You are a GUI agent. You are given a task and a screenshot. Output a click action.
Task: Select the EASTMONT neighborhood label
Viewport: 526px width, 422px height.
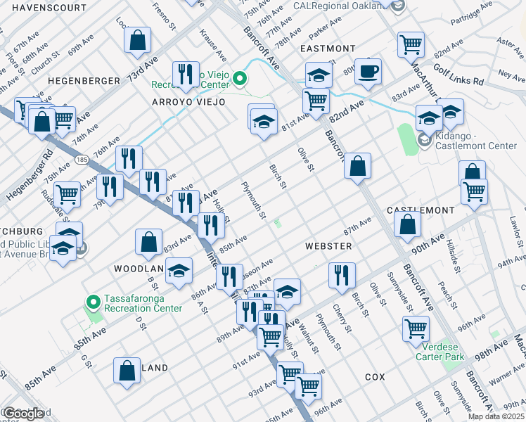(x=327, y=49)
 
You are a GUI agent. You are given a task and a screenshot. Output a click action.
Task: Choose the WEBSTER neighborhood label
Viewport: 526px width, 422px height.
(x=328, y=246)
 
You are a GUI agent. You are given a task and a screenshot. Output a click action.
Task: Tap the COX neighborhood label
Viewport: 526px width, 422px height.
(x=375, y=377)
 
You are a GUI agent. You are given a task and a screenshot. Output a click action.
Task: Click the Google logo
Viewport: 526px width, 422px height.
(x=23, y=414)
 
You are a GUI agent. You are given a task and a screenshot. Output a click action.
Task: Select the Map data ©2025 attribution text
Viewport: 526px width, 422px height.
(x=496, y=416)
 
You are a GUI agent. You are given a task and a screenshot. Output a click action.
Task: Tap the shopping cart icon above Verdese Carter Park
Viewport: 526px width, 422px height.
(x=416, y=328)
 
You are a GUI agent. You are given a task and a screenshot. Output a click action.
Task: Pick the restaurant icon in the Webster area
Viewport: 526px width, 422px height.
(x=341, y=274)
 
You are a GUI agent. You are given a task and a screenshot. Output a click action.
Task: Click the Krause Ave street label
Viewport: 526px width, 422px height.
(x=213, y=44)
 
